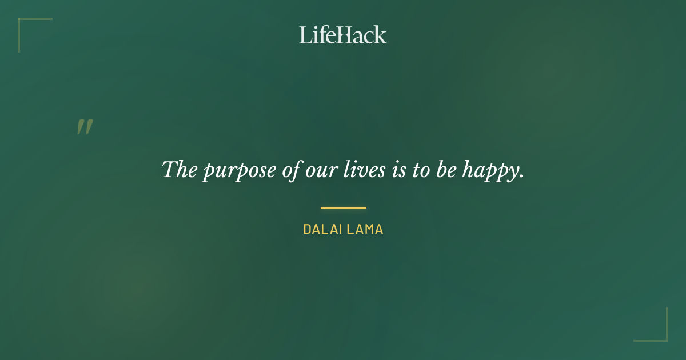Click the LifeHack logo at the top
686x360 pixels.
(343, 35)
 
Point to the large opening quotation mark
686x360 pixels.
(85, 127)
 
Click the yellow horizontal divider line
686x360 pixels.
(343, 207)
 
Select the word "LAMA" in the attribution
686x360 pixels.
(364, 230)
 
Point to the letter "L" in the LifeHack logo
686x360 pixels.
(305, 35)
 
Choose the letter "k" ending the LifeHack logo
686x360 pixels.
(381, 35)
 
